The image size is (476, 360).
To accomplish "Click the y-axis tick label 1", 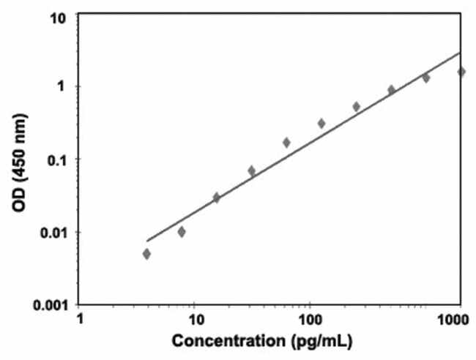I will tap(64, 86).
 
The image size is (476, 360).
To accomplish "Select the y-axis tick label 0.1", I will tap(58, 160).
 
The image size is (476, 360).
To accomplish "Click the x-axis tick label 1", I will tap(80, 320).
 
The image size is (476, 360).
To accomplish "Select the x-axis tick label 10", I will tap(195, 320).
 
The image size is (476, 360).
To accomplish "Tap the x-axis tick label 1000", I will tap(455, 320).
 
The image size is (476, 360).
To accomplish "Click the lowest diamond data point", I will tap(147, 254).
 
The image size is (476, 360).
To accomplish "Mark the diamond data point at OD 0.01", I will tap(182, 232).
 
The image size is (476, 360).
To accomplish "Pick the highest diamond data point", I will tap(461, 72).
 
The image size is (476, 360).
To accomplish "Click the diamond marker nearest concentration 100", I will tap(321, 123).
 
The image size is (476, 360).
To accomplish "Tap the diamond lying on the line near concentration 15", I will tap(216, 198).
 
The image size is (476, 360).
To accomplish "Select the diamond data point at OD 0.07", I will tap(251, 170).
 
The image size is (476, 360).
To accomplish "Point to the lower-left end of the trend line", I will tap(147, 240).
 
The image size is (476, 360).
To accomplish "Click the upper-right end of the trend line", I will tap(461, 52).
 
